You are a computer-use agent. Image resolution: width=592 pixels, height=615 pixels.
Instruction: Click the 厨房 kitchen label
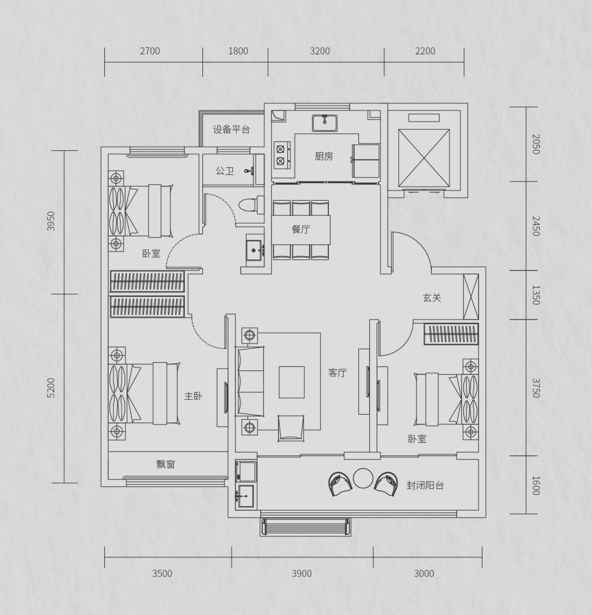323,156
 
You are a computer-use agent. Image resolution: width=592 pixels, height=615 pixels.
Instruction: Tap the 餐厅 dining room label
301,229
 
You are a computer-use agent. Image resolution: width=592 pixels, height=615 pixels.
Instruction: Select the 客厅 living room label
337,373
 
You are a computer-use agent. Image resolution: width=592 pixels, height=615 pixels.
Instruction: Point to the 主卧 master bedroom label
193,396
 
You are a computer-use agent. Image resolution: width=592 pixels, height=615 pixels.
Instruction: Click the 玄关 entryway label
432,298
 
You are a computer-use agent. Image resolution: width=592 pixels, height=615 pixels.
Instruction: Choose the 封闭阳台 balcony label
425,486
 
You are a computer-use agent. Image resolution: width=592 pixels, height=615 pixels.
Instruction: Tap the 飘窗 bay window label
166,464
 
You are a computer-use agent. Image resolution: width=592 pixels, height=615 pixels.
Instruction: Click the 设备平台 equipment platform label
231,129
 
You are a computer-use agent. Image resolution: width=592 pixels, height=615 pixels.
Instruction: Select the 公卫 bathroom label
225,171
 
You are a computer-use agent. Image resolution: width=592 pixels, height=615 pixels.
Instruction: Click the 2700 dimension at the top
150,51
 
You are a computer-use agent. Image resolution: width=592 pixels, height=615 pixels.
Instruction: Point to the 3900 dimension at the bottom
301,573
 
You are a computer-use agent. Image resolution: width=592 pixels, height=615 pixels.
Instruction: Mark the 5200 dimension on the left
52,388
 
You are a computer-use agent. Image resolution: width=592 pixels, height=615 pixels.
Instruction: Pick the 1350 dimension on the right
536,295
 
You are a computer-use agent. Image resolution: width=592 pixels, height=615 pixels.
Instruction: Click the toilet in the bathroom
251,205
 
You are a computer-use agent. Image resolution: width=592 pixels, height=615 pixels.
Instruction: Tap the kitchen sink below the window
325,123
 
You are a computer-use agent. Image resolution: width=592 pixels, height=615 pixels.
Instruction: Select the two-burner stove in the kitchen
282,155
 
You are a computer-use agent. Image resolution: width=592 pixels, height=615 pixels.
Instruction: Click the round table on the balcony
363,478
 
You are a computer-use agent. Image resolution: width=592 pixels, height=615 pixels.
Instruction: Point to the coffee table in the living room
292,382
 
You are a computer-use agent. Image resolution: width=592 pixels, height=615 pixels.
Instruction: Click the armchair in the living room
291,428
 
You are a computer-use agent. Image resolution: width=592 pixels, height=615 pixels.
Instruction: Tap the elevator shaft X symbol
424,158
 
